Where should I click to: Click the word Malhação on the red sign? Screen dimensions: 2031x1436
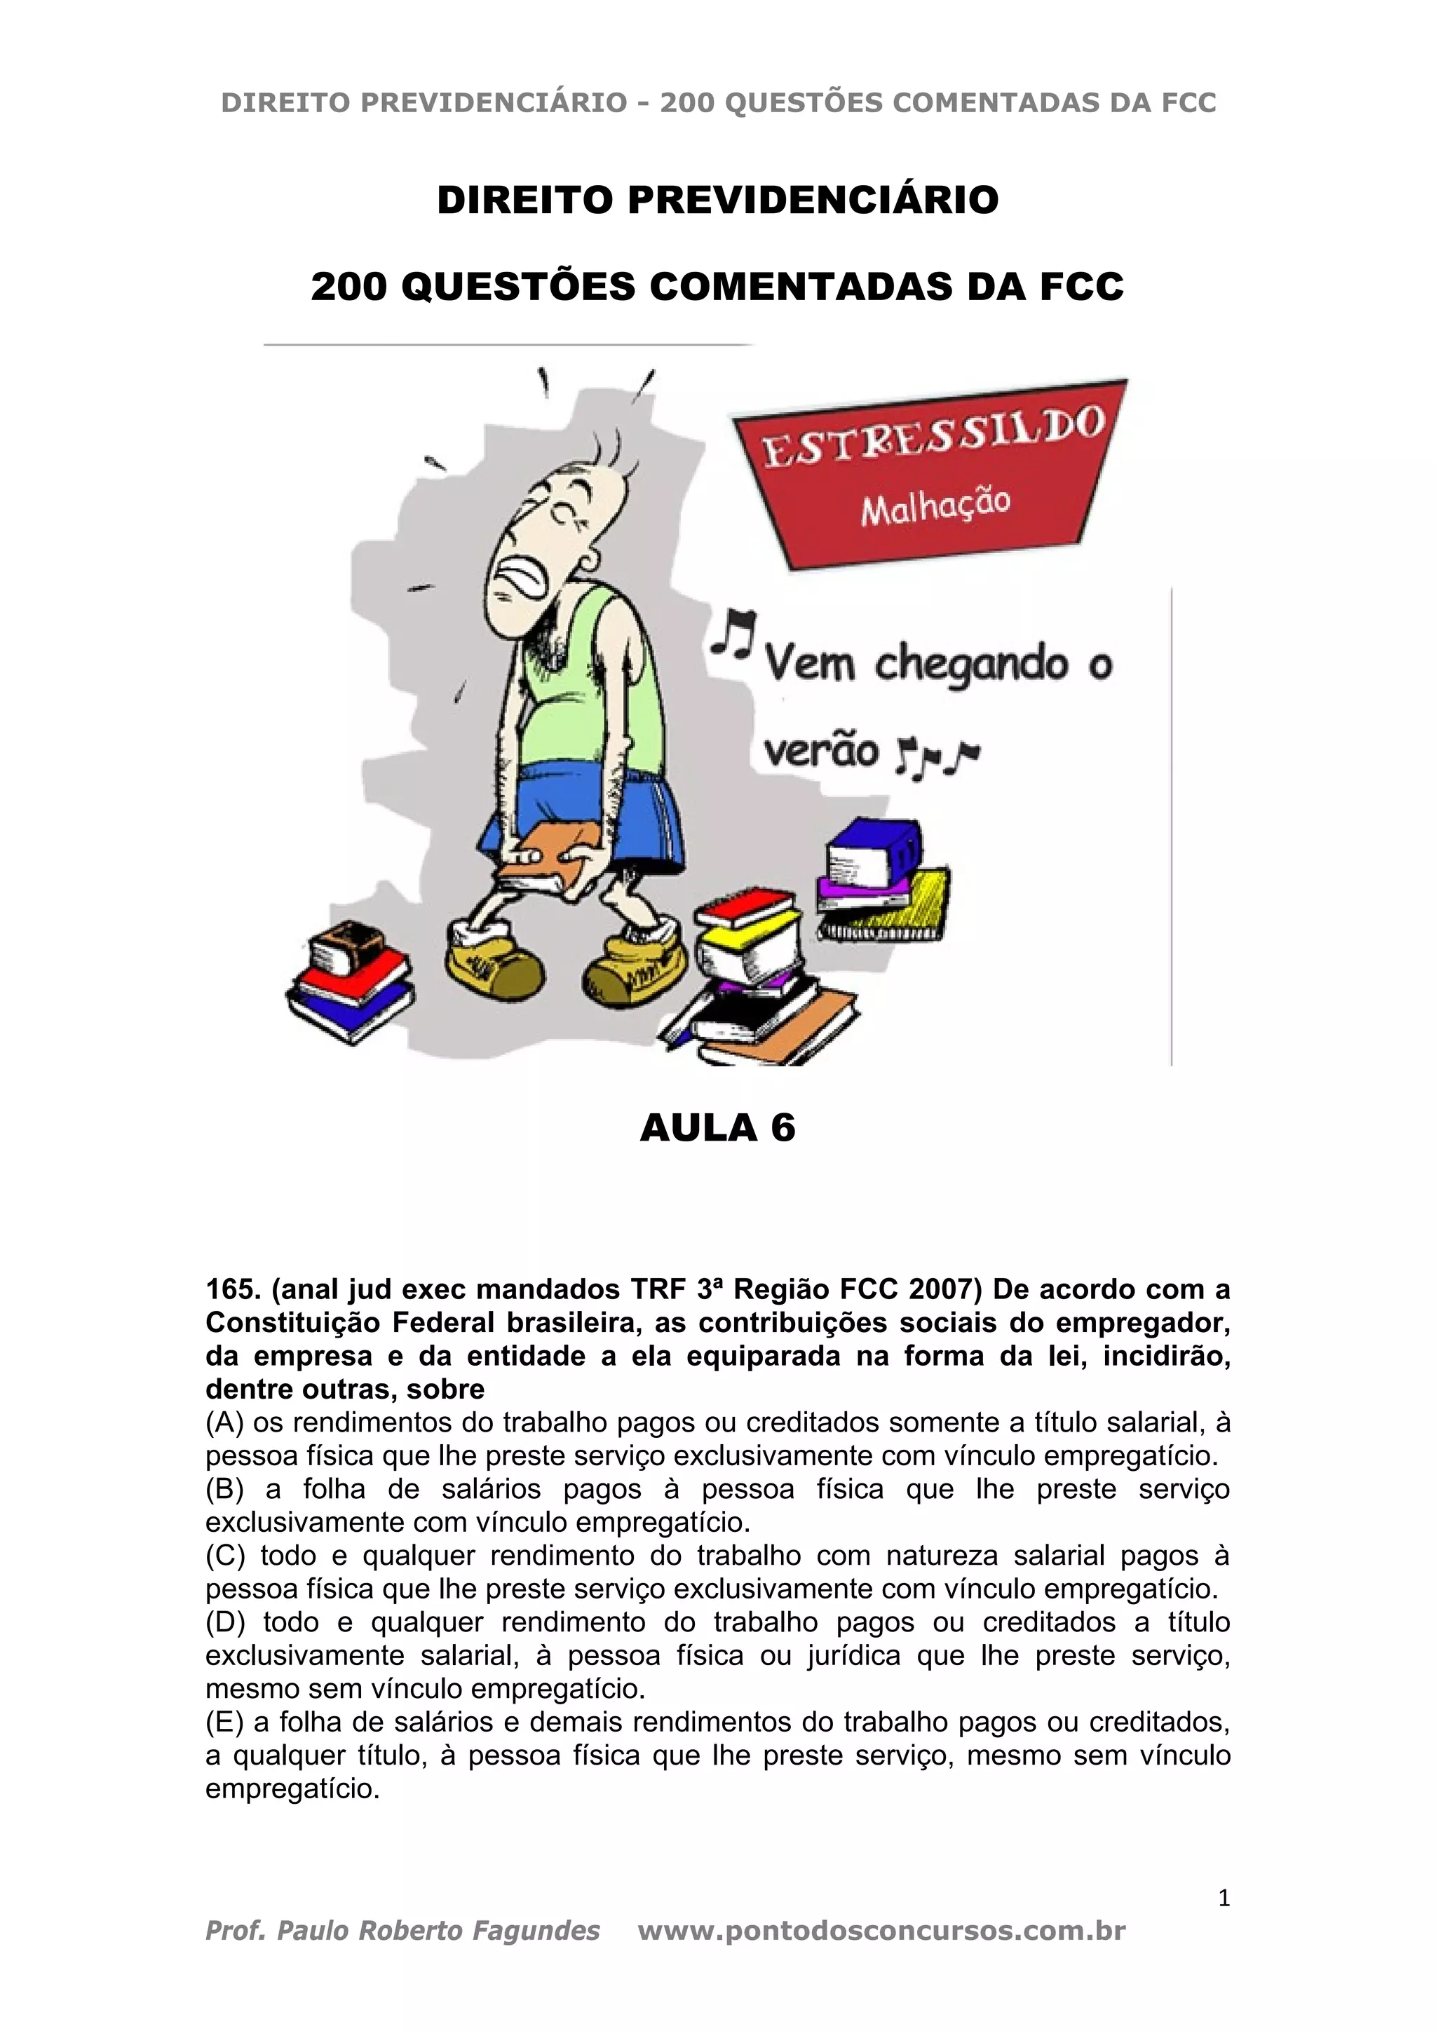coord(935,506)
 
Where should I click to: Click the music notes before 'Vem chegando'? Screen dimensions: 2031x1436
coord(734,632)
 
